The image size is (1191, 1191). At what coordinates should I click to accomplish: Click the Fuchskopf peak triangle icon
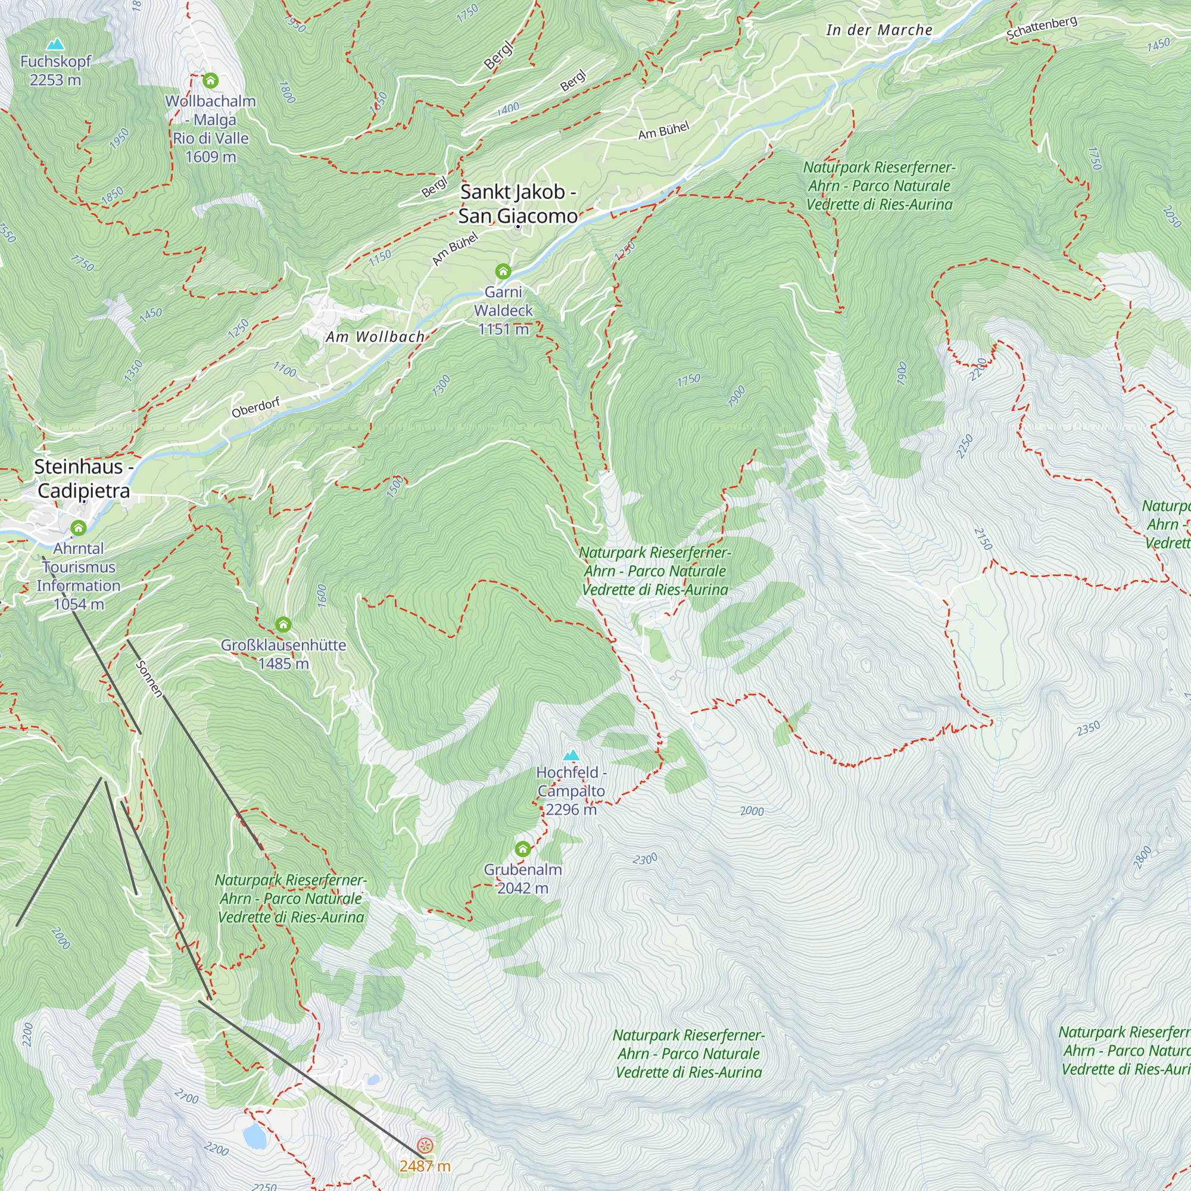pyautogui.click(x=55, y=45)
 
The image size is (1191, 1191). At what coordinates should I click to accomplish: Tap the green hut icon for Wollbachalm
pyautogui.click(x=210, y=81)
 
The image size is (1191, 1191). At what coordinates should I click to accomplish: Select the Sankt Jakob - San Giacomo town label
pyautogui.click(x=518, y=204)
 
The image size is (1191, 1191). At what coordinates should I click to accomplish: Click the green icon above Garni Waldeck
pyautogui.click(x=503, y=271)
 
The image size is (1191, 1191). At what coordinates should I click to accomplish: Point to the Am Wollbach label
pyautogui.click(x=375, y=336)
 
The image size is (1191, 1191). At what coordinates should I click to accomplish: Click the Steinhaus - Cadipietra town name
pyautogui.click(x=83, y=478)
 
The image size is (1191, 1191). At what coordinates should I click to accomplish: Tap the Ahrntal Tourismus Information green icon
pyautogui.click(x=78, y=528)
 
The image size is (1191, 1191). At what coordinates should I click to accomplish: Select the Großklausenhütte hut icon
pyautogui.click(x=283, y=625)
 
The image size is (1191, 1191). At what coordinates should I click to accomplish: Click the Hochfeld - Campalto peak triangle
pyautogui.click(x=572, y=755)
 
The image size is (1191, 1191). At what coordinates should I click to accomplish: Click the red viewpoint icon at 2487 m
pyautogui.click(x=425, y=1145)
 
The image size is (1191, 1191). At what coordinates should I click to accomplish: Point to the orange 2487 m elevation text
pyautogui.click(x=425, y=1166)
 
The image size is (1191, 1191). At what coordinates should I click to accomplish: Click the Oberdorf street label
pyautogui.click(x=256, y=407)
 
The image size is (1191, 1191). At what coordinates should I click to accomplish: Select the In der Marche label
pyautogui.click(x=879, y=30)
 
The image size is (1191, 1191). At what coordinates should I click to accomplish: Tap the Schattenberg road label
pyautogui.click(x=1042, y=28)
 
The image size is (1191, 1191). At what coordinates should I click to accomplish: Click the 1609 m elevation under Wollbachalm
pyautogui.click(x=211, y=157)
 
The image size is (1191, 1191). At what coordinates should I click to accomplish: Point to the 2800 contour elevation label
pyautogui.click(x=1142, y=858)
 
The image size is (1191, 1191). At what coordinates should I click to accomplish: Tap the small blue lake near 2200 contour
pyautogui.click(x=254, y=1136)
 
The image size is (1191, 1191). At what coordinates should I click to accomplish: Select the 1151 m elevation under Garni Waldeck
pyautogui.click(x=503, y=329)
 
